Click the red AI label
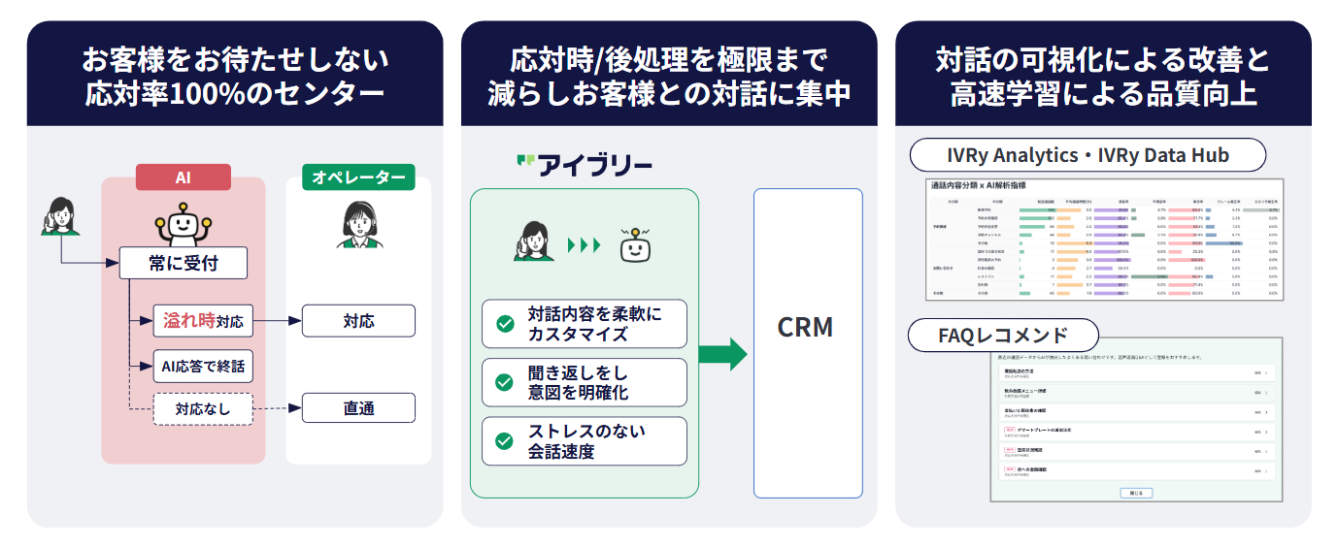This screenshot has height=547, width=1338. pos(183,177)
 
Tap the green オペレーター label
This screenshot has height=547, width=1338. pos(358,177)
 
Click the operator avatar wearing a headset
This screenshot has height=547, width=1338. pos(358,226)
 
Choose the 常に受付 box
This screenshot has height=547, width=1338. pos(183,263)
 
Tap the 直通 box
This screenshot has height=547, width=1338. pos(358,408)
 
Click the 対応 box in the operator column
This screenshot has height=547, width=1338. pos(358,320)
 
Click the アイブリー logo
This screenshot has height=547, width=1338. pos(584,165)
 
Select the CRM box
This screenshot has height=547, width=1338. pos(807,329)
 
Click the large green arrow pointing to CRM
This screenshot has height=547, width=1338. pos(722,354)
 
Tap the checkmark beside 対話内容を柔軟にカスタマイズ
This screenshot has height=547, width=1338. pos(505,324)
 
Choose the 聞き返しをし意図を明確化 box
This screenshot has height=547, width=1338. pos(584,382)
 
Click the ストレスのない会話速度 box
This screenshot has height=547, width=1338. pos(584,440)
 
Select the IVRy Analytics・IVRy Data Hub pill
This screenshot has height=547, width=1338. pos(1087,155)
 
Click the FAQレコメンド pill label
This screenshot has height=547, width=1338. pos(1003,336)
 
